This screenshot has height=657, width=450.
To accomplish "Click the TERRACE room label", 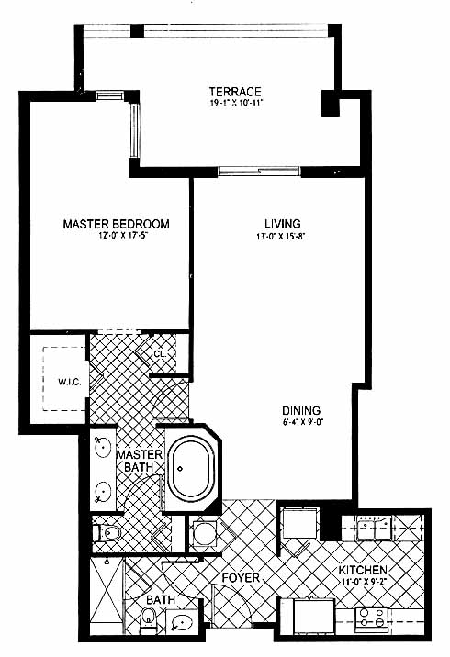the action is (x=235, y=92).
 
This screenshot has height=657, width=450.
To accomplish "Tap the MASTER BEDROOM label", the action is (x=116, y=224).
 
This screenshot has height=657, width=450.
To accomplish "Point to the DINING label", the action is (x=301, y=411).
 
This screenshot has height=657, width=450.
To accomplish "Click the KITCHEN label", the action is (x=363, y=570).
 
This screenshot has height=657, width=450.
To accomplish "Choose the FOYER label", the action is (x=241, y=578).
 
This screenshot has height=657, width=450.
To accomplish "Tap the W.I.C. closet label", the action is (x=70, y=382).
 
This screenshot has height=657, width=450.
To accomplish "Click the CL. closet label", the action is (x=160, y=353).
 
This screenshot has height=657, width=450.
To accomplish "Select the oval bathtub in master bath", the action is (x=190, y=468).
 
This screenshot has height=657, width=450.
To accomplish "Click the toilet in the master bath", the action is (x=107, y=533).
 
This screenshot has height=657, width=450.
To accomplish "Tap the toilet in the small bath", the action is (x=148, y=618).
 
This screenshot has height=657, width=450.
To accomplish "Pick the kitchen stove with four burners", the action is (x=371, y=619).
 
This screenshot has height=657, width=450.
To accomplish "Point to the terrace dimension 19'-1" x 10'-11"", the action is (x=236, y=102).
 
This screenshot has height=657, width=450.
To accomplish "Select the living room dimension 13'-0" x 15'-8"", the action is (x=280, y=237).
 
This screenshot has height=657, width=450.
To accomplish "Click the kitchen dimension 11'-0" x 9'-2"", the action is (x=363, y=582).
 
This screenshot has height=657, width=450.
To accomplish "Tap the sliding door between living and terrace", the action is (x=259, y=171).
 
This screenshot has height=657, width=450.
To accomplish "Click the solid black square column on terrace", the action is (x=331, y=103).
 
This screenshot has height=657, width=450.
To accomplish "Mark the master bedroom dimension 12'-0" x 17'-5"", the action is (x=123, y=236).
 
